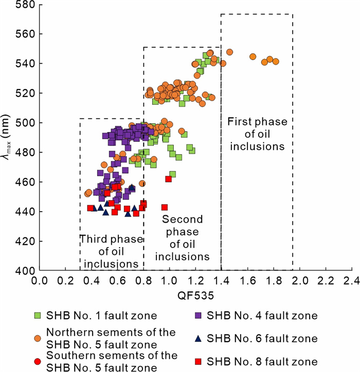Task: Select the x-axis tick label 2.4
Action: pyautogui.click(x=352, y=281)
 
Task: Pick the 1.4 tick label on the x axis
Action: pyautogui.click(x=222, y=281)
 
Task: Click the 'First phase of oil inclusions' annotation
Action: pyautogui.click(x=256, y=134)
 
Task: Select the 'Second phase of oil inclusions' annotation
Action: pyautogui.click(x=182, y=238)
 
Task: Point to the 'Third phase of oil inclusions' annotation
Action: pyautogui.click(x=112, y=251)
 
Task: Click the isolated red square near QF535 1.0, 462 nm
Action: pyautogui.click(x=168, y=179)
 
